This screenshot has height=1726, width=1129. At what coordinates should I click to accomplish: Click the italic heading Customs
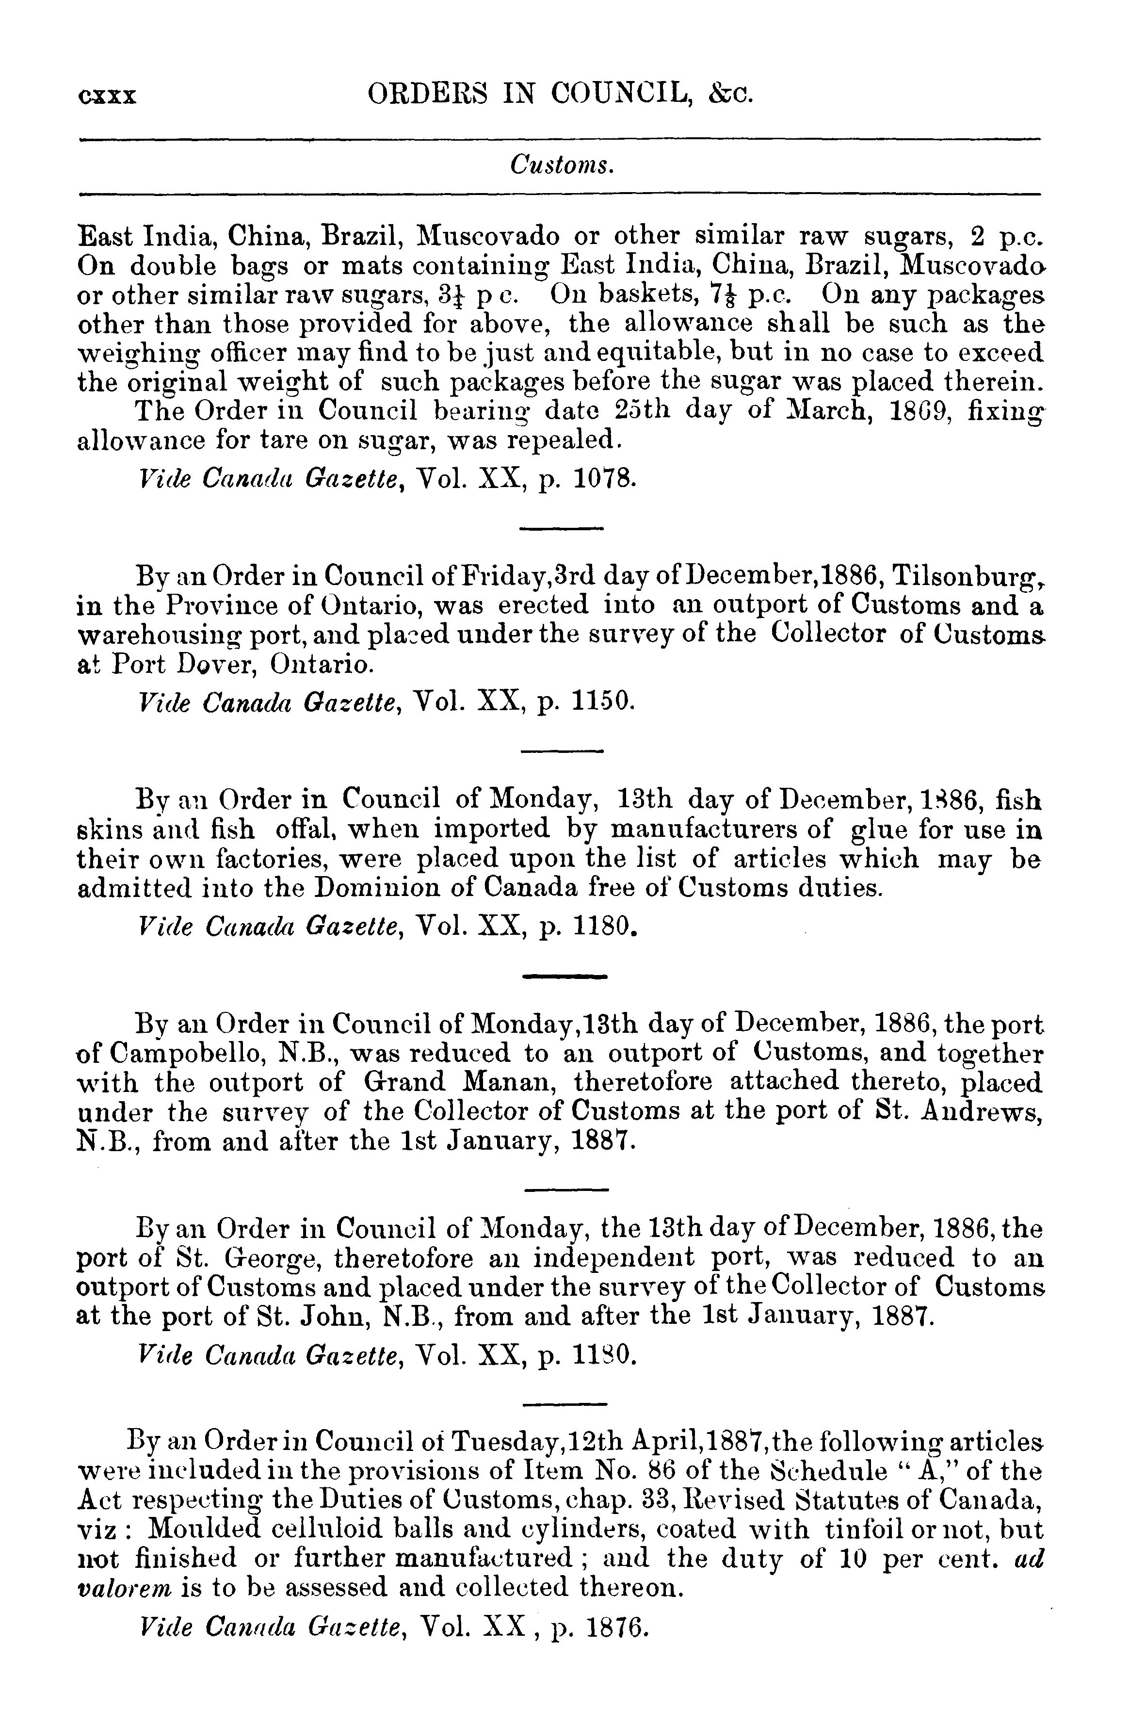coord(562,166)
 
